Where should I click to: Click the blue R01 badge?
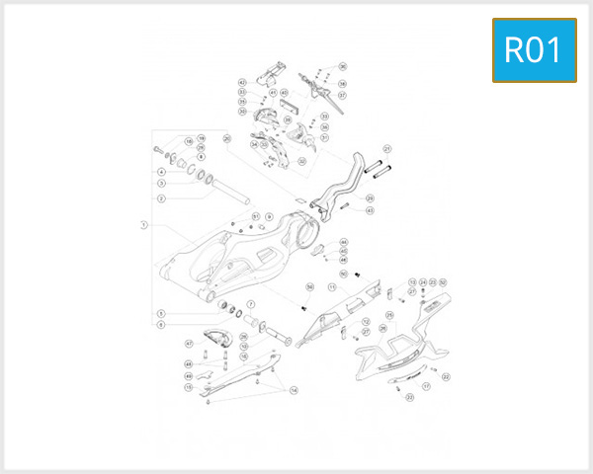click(534, 50)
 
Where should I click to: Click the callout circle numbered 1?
click(143, 224)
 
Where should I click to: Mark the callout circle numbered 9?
click(268, 216)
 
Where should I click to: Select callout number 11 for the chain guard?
click(333, 286)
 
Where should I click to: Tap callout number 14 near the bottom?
click(294, 391)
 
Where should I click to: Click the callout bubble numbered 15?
click(189, 388)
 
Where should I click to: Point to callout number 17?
click(427, 388)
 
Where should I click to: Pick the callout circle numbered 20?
click(226, 138)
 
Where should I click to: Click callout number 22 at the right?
click(447, 376)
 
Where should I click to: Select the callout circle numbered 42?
click(241, 82)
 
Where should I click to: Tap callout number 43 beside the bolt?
click(370, 210)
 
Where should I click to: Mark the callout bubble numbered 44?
click(343, 242)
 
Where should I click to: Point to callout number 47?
click(189, 344)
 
